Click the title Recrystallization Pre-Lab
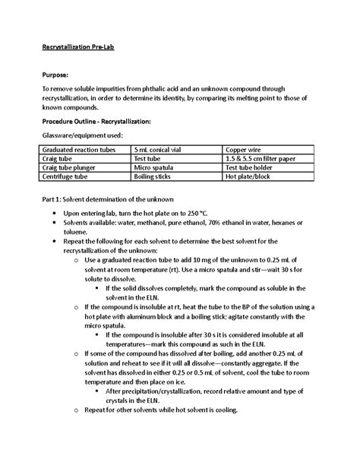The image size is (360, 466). [77, 45]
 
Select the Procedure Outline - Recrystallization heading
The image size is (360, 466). [96, 121]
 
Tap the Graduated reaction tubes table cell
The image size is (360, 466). [80, 150]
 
